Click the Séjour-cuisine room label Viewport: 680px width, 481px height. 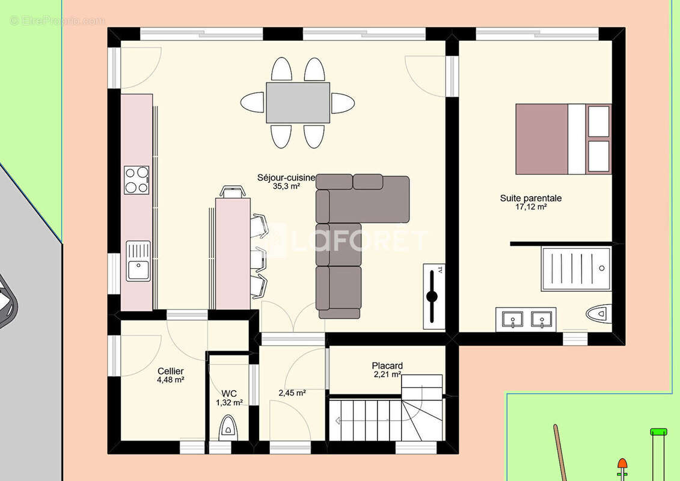tap(286, 178)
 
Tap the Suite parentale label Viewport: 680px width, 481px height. tap(531, 198)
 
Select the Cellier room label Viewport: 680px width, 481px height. tap(170, 371)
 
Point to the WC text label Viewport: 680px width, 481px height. tap(229, 394)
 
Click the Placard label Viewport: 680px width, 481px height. tap(387, 366)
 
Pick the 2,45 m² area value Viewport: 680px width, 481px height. tap(292, 393)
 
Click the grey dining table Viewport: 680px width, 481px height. tap(298, 103)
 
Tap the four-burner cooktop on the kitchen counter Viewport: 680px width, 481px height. tap(136, 180)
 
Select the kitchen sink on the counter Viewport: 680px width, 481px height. tap(138, 261)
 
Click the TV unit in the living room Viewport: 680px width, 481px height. tap(434, 296)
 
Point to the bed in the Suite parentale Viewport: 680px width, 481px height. tap(563, 139)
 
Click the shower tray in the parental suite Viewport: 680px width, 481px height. tap(577, 269)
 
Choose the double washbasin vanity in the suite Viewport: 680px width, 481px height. tap(526, 320)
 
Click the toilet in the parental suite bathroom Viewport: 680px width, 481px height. tap(599, 314)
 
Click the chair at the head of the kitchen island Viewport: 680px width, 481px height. tap(233, 191)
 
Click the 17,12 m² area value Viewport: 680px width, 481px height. tap(531, 207)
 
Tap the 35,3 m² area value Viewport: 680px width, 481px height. tap(286, 186)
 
